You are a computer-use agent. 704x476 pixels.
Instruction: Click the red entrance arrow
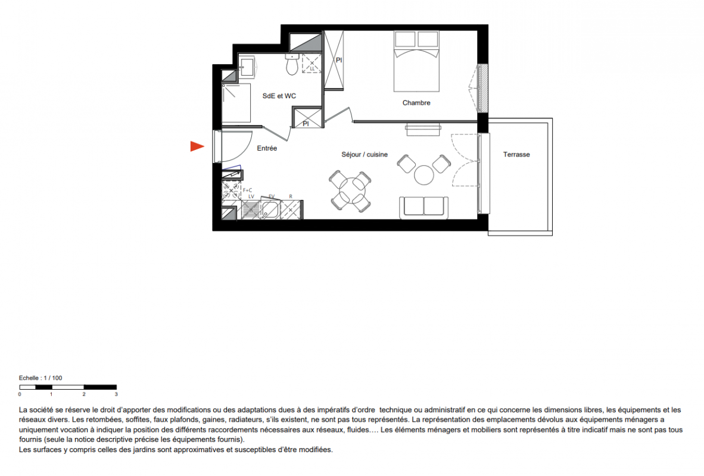tap(197, 146)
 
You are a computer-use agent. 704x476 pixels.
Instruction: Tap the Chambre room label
tap(416, 103)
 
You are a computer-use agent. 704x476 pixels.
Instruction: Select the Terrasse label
tap(516, 154)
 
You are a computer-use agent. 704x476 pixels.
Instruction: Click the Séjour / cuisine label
tap(365, 154)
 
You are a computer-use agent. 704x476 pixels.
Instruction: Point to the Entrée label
tap(267, 148)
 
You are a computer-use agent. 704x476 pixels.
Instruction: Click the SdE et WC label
tap(279, 96)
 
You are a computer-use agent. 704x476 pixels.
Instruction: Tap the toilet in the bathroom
tap(292, 65)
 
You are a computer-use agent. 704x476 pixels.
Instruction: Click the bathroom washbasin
tap(247, 67)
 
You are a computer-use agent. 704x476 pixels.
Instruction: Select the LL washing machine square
tap(311, 63)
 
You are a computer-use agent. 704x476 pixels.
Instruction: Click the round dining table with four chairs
tap(351, 190)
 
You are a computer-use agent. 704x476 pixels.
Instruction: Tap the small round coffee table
tap(424, 175)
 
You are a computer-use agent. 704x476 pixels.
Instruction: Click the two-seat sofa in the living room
tap(424, 208)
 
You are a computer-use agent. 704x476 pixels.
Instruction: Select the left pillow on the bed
tap(405, 39)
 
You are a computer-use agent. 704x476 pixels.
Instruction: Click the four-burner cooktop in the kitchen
tap(231, 190)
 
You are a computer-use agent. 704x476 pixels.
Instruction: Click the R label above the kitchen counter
tap(291, 196)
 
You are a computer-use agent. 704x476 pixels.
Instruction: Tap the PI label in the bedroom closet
tap(339, 60)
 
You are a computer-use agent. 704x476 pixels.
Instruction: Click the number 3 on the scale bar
tap(116, 394)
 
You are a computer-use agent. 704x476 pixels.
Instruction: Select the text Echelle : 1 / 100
tap(41, 378)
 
